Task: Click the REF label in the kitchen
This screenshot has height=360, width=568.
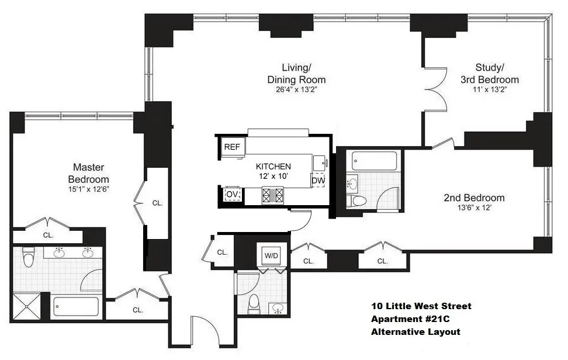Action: coord(232,147)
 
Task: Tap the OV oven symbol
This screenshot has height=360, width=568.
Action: coord(232,194)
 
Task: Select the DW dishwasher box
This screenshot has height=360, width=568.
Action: coord(318,181)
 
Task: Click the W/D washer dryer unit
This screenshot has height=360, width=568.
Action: coord(271,255)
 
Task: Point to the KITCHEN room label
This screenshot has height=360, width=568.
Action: coord(269,165)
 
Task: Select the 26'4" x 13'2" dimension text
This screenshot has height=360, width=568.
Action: coord(296,91)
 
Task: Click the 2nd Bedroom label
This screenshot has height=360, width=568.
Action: coord(474,198)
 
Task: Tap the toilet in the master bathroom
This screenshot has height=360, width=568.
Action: coord(27,256)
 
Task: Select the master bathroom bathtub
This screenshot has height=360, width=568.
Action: coord(76,306)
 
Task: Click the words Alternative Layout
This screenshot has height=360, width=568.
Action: coord(415,332)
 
